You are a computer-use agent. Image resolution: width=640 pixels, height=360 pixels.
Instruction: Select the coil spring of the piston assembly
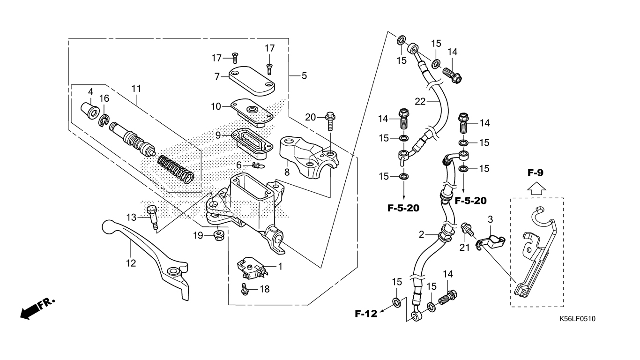click(x=176, y=169)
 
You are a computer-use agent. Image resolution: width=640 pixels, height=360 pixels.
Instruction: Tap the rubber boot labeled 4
click(x=89, y=112)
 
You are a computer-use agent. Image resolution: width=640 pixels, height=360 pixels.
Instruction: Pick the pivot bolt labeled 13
click(x=152, y=217)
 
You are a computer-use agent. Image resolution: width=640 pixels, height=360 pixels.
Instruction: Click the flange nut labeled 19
click(x=219, y=236)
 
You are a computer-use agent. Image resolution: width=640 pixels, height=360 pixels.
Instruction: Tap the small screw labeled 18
click(x=245, y=289)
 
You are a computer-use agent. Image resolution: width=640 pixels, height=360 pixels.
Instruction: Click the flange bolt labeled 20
click(x=330, y=120)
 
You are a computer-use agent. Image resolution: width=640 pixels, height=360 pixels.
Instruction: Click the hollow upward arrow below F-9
click(x=536, y=189)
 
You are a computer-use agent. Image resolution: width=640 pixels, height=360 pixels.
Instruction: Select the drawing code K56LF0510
click(x=577, y=319)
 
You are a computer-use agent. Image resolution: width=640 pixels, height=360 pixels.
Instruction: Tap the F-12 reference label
click(x=366, y=314)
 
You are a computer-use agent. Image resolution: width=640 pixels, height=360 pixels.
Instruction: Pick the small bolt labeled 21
click(x=468, y=230)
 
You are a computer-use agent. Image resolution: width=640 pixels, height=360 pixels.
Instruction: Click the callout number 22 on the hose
click(x=420, y=102)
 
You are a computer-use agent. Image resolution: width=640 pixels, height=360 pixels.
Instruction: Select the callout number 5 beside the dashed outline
click(x=304, y=76)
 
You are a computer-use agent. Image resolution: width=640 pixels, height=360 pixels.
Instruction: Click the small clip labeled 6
click(x=259, y=165)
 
